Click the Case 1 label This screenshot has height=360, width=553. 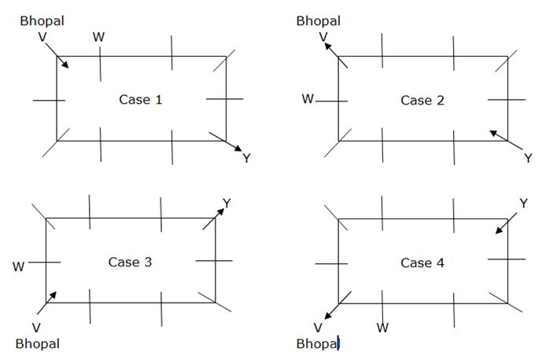141,100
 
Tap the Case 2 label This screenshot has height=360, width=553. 422,100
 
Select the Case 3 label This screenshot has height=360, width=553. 130,263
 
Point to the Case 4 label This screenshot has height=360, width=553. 422,263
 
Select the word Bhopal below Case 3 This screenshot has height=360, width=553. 37,343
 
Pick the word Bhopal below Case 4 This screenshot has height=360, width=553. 318,343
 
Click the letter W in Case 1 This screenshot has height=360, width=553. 98,37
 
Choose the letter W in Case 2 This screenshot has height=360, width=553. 308,100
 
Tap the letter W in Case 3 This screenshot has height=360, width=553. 19,266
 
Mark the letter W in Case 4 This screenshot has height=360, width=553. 382,327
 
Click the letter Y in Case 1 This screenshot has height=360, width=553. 246,159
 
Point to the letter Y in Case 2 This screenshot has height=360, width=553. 528,159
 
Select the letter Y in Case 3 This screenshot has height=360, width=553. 227,204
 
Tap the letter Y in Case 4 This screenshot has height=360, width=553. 523,204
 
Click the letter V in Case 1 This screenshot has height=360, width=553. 41,37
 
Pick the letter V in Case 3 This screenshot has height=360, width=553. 36,327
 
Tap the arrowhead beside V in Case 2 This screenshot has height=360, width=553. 326,46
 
